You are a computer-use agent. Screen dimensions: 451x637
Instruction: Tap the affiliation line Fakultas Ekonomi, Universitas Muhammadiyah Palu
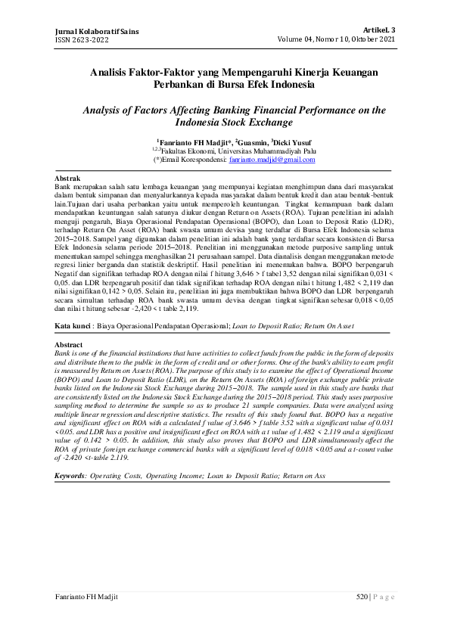228,151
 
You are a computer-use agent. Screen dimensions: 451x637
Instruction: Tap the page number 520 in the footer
361,598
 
